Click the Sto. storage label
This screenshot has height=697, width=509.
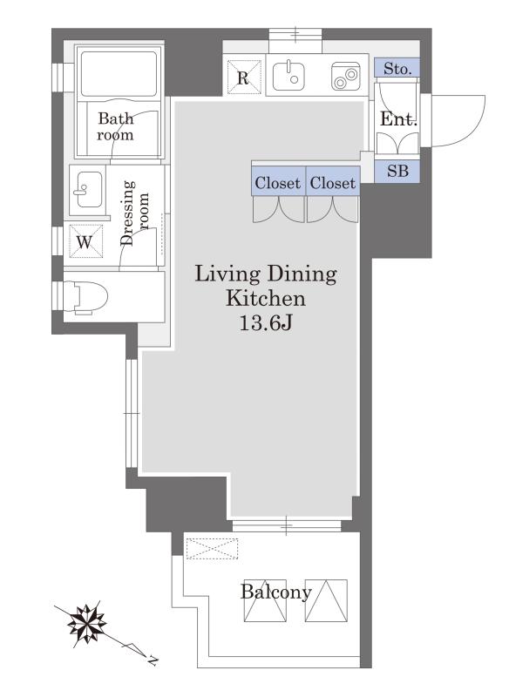point(397,69)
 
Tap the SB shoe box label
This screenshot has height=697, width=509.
point(397,171)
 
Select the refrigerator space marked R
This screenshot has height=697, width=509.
point(242,78)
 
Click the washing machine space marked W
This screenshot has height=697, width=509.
point(85,241)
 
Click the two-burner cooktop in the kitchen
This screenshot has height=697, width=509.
point(345,77)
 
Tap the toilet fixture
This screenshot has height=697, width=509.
point(86,296)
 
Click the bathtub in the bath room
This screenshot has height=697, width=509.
point(119,74)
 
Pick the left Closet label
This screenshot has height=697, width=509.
point(277,183)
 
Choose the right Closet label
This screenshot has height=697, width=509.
point(333,183)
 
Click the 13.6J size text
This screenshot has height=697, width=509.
point(265,323)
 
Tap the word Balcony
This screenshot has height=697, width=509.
point(276,592)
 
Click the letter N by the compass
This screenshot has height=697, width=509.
point(153,660)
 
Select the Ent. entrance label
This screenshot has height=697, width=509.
point(399,119)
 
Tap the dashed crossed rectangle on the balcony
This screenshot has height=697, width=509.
point(212,549)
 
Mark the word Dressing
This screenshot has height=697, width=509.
point(127,213)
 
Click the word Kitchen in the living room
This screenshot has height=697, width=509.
point(266,298)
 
